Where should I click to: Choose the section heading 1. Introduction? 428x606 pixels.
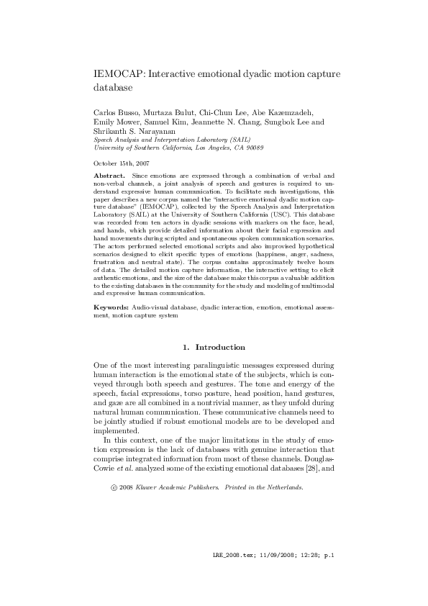click(214, 348)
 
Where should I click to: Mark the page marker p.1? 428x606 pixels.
click(329, 576)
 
